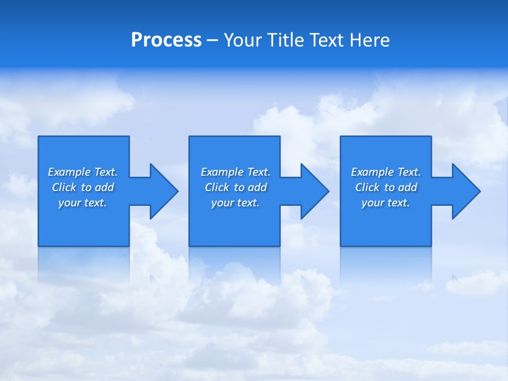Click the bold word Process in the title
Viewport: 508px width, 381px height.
(x=166, y=40)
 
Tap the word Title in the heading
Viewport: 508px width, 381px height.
(x=287, y=40)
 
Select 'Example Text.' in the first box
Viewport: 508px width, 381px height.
(x=83, y=172)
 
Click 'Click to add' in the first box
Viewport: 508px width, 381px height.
(x=83, y=187)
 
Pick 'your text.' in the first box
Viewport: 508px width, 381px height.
(x=83, y=203)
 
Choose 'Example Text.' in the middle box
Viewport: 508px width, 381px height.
(x=235, y=172)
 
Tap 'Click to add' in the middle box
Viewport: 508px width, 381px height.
(x=235, y=187)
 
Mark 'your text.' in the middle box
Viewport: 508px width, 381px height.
(x=235, y=203)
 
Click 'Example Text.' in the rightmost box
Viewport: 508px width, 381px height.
(x=386, y=172)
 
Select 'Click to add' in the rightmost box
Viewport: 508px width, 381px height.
(x=386, y=187)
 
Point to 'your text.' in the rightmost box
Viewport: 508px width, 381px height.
(x=386, y=203)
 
